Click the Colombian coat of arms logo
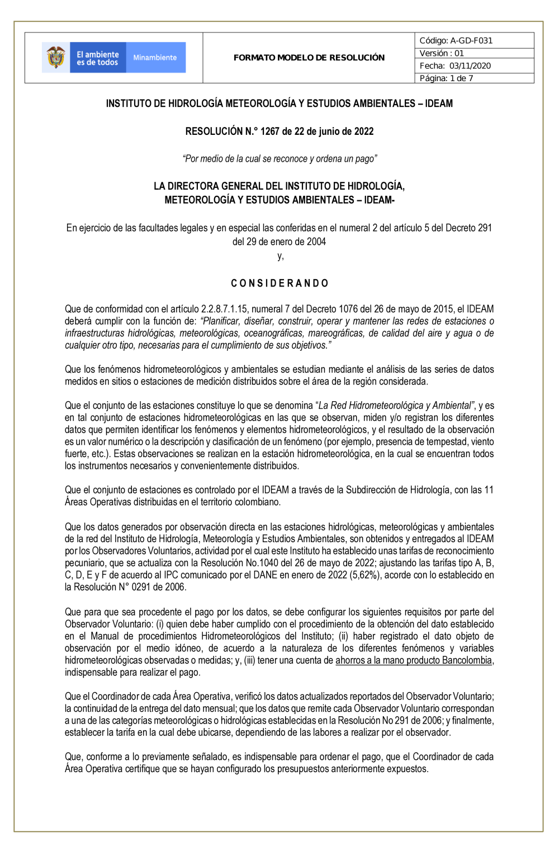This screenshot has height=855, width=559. (56, 58)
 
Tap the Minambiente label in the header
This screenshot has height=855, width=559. (155, 58)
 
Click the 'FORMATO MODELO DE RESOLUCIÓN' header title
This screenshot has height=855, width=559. (309, 58)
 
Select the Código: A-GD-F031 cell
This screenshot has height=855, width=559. (456, 40)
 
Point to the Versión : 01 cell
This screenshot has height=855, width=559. (442, 53)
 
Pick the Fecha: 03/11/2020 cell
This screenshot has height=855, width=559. (455, 65)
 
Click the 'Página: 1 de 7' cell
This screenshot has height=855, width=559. (446, 78)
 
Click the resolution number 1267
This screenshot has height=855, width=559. (269, 131)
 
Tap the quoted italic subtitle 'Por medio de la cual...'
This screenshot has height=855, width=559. (279, 159)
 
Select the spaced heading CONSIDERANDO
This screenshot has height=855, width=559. (279, 283)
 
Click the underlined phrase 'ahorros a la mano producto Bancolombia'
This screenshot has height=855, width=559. (414, 660)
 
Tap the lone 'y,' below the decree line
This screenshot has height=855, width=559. (281, 256)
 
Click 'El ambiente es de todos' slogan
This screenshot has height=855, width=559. (98, 58)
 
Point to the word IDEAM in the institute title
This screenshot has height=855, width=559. (439, 104)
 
